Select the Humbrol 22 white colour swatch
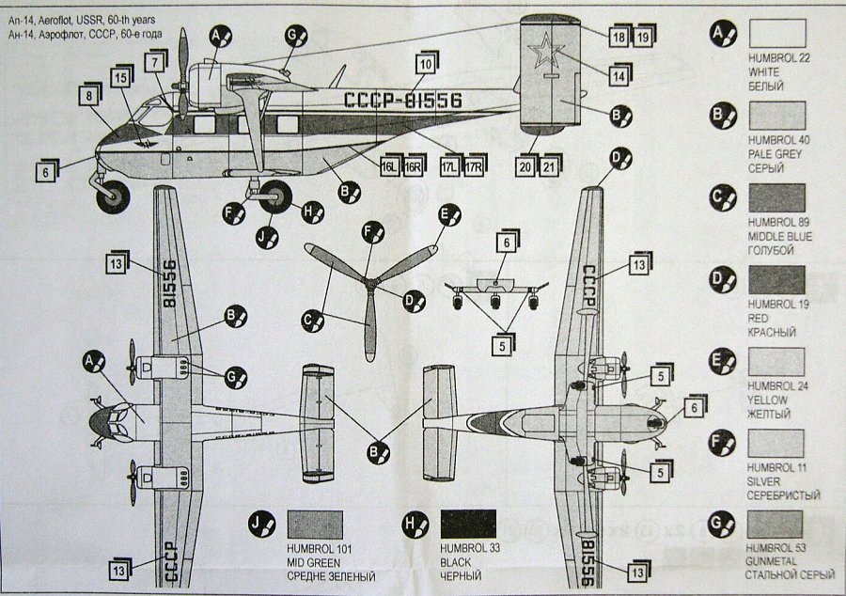coord(776,36)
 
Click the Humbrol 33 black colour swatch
coord(468,525)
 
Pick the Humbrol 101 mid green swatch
coord(315,525)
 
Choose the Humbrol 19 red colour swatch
coord(776,280)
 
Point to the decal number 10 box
coord(426,64)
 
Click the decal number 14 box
coord(619,75)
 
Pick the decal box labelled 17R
coord(475,166)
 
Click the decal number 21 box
coord(549,166)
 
